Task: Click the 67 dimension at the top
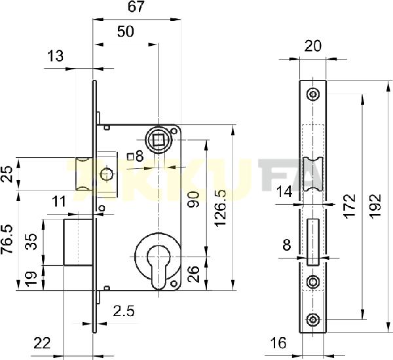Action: [x=136, y=7]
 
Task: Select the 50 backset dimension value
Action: [x=126, y=31]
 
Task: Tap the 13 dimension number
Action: [x=56, y=56]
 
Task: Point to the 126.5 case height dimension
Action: [x=221, y=208]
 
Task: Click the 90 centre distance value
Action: [x=194, y=200]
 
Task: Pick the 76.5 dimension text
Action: [x=7, y=240]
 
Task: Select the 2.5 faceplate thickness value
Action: [x=124, y=311]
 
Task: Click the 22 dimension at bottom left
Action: [x=42, y=343]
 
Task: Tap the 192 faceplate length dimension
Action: [x=375, y=206]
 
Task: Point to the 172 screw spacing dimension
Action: [x=350, y=206]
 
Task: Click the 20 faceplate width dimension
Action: [x=312, y=46]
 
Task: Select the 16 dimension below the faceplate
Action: [x=278, y=343]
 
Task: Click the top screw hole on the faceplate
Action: [x=313, y=94]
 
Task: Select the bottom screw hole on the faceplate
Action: [x=313, y=319]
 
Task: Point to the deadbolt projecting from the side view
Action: [x=78, y=242]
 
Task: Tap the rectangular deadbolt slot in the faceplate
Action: [x=313, y=242]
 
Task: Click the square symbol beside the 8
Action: [x=130, y=157]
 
